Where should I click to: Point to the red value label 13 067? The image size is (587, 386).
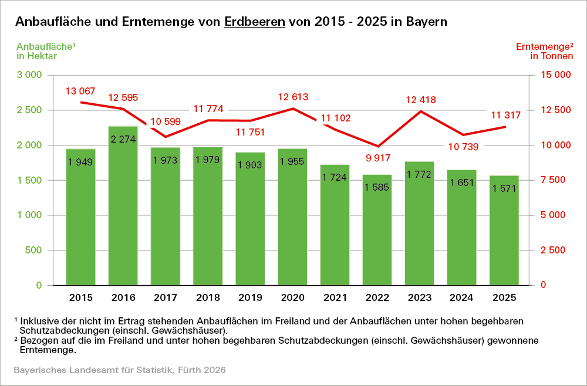pyautogui.click(x=80, y=91)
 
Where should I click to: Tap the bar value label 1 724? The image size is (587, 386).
pyautogui.click(x=335, y=177)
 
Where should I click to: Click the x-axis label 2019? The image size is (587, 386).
pyautogui.click(x=250, y=297)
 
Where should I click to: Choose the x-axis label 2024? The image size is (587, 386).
pyautogui.click(x=462, y=297)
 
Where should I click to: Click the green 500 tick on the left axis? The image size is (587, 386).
pyautogui.click(x=35, y=250)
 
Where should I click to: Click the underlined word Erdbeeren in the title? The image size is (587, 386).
pyautogui.click(x=255, y=22)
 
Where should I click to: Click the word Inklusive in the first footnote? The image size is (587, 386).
pyautogui.click(x=39, y=321)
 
